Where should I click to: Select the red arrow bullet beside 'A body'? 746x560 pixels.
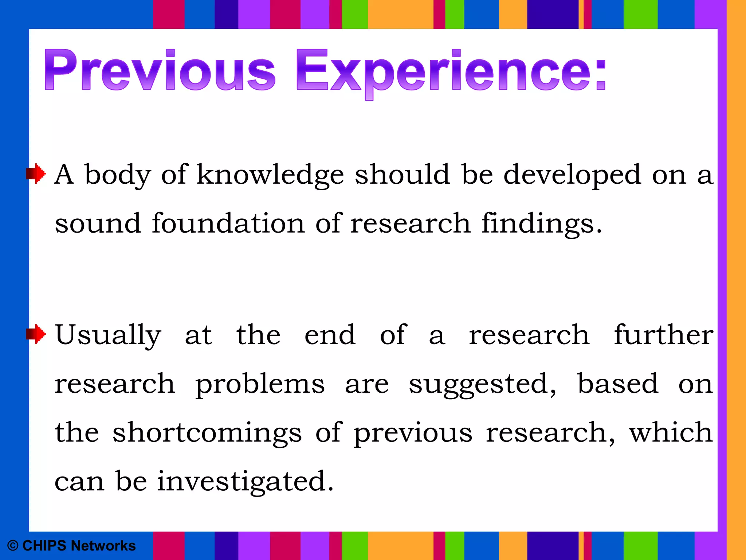pos(36,174)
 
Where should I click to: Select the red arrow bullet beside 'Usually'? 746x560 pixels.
pos(36,334)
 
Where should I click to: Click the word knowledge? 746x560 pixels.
pos(270,175)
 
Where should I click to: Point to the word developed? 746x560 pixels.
pos(572,175)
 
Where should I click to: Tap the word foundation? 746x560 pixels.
pos(228,223)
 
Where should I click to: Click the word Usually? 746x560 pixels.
pos(108,335)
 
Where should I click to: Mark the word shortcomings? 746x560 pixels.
pos(207,433)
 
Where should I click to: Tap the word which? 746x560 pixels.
pos(671,432)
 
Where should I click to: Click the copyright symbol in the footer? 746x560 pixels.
pos(13,546)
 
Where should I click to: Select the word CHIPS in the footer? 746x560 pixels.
pos(44,546)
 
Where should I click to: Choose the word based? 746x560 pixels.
pos(618,384)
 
